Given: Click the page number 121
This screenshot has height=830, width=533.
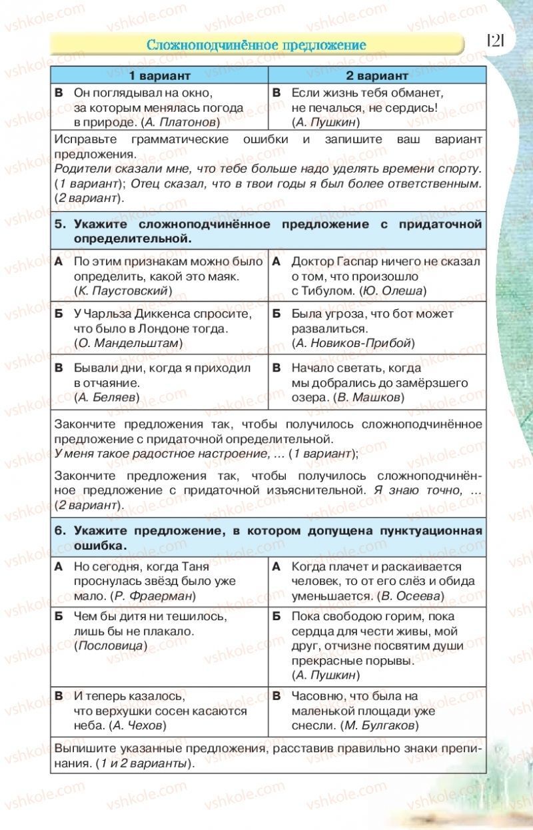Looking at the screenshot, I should click(496, 41).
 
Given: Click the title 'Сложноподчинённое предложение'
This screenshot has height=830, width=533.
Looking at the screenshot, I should click(257, 45).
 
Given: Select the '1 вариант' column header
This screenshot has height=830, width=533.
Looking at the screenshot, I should click(160, 75).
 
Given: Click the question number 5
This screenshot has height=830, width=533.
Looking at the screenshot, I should click(59, 224).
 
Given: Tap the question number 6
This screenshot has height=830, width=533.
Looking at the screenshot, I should click(59, 531).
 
